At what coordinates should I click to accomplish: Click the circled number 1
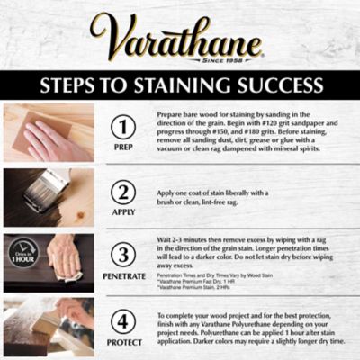tap(122, 125)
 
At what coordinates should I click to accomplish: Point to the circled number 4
tap(122, 319)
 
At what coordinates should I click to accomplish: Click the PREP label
tap(122, 147)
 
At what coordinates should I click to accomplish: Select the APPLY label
tap(122, 211)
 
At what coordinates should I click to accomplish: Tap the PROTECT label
tap(122, 342)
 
